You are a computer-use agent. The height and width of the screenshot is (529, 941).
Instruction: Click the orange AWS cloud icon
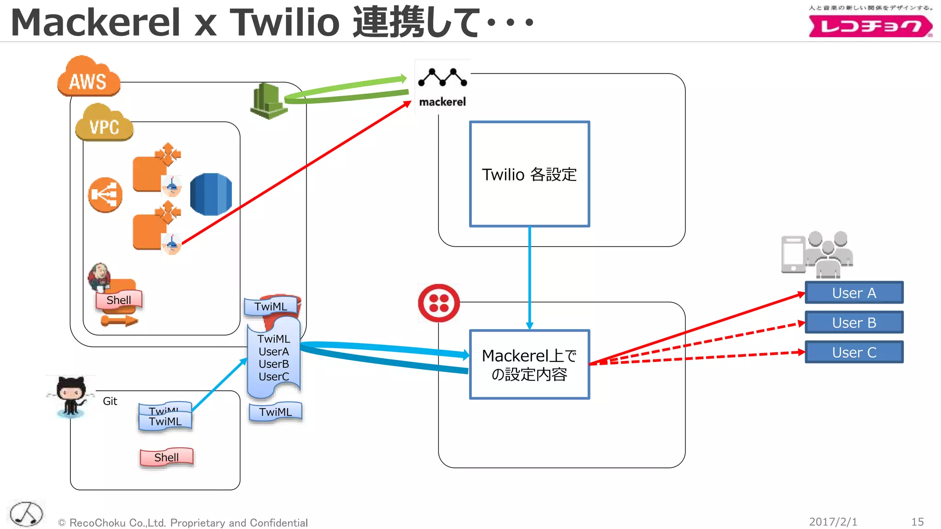[x=89, y=77]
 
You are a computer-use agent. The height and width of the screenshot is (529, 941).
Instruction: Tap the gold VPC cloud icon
[x=104, y=123]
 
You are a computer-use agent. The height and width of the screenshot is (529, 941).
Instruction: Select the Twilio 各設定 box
[x=529, y=174]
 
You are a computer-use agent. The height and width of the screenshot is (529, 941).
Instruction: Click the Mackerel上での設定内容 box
[x=529, y=365]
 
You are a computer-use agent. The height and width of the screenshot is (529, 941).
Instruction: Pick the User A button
[x=854, y=293]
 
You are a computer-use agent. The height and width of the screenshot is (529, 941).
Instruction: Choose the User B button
[x=854, y=322]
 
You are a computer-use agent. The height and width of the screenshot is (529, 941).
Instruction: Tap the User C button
[x=854, y=352]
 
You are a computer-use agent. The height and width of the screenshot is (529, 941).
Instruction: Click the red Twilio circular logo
[x=439, y=303]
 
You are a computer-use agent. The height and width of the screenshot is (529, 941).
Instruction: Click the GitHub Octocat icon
[x=71, y=395]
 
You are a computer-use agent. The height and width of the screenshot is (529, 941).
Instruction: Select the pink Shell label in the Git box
[x=166, y=457]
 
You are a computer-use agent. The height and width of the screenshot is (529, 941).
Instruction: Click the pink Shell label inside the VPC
[x=119, y=300]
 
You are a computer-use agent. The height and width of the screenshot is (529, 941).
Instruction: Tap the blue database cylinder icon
[x=211, y=194]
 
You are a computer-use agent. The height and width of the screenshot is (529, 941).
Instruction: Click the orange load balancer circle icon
[x=105, y=195]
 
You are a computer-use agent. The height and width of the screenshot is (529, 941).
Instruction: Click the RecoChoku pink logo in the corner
[x=870, y=26]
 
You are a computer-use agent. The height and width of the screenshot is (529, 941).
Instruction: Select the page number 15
[x=917, y=522]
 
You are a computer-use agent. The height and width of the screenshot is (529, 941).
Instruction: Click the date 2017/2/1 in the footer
[x=833, y=522]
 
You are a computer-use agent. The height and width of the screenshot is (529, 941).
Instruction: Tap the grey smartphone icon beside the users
[x=793, y=254]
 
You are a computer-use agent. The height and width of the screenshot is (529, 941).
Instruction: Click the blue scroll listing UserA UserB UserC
[x=274, y=358]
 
